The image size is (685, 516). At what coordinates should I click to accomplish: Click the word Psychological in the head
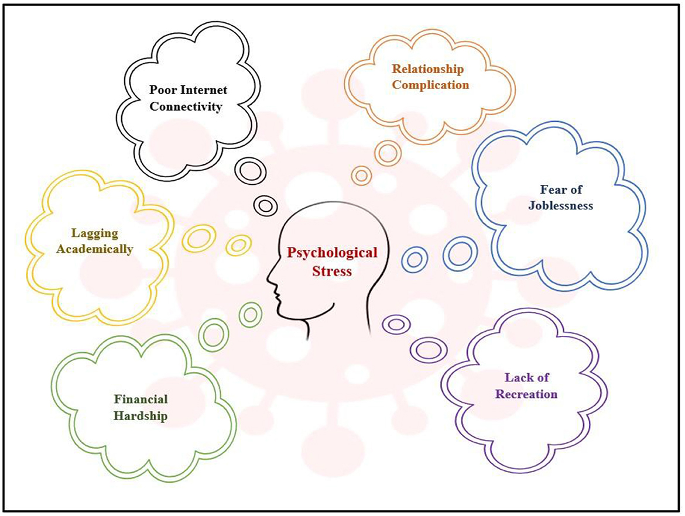[332, 254]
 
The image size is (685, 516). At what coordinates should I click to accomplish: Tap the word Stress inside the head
[331, 271]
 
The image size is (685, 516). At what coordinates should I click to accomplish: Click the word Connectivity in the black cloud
[186, 108]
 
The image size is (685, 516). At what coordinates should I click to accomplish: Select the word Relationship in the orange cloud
[427, 70]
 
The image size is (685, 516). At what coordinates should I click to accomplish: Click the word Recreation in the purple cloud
[526, 394]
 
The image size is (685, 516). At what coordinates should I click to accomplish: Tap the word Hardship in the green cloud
[141, 416]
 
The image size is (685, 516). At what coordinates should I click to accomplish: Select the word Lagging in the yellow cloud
[95, 233]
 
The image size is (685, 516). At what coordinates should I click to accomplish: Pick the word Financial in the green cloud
[141, 400]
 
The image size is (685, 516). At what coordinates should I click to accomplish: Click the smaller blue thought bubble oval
[415, 259]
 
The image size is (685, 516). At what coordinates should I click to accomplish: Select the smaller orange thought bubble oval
[362, 175]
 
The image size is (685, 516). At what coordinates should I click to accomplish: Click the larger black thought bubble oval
[251, 170]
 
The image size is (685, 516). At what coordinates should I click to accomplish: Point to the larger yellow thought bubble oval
[198, 238]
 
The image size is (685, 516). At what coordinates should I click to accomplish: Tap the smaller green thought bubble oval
[250, 315]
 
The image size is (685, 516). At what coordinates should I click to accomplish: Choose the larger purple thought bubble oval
[428, 350]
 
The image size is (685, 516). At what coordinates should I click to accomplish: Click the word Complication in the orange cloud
[430, 85]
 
